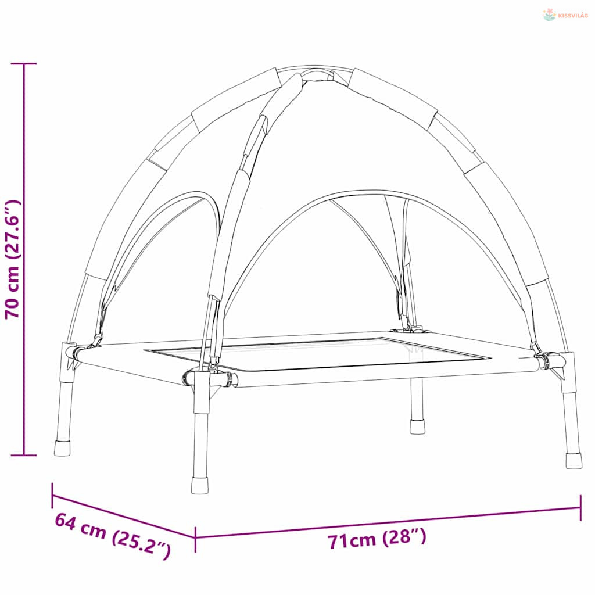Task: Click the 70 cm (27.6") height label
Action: point(12,259)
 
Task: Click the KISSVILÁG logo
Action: point(565,15)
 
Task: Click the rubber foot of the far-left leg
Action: point(62,448)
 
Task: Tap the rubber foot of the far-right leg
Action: point(574,460)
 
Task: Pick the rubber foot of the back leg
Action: point(417,426)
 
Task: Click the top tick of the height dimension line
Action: point(24,64)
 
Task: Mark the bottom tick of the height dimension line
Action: point(24,455)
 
